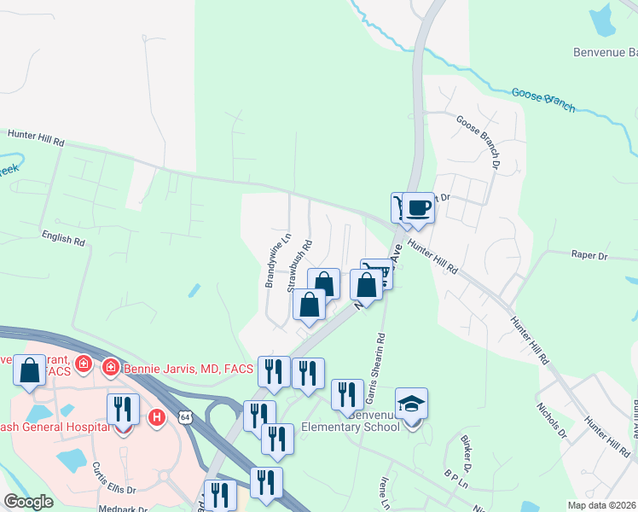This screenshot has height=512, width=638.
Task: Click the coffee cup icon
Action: pyautogui.click(x=418, y=207)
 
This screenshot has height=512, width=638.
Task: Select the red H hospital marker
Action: pyautogui.click(x=156, y=417)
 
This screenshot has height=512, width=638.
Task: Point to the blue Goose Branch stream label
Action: pyautogui.click(x=543, y=100)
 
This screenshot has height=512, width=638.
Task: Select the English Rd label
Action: pyautogui.click(x=63, y=236)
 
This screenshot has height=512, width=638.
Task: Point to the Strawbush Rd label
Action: pyautogui.click(x=299, y=266)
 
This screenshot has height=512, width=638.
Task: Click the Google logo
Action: pyautogui.click(x=28, y=502)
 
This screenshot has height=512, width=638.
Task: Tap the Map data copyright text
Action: pyautogui.click(x=601, y=505)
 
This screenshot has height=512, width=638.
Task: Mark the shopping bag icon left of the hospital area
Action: pyautogui.click(x=30, y=371)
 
